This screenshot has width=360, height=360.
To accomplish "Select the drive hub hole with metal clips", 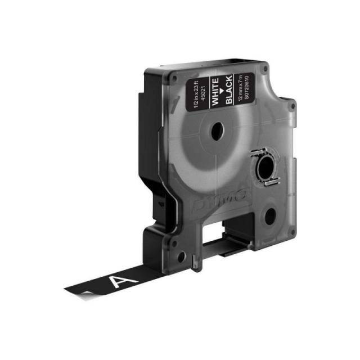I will [x=264, y=167].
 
